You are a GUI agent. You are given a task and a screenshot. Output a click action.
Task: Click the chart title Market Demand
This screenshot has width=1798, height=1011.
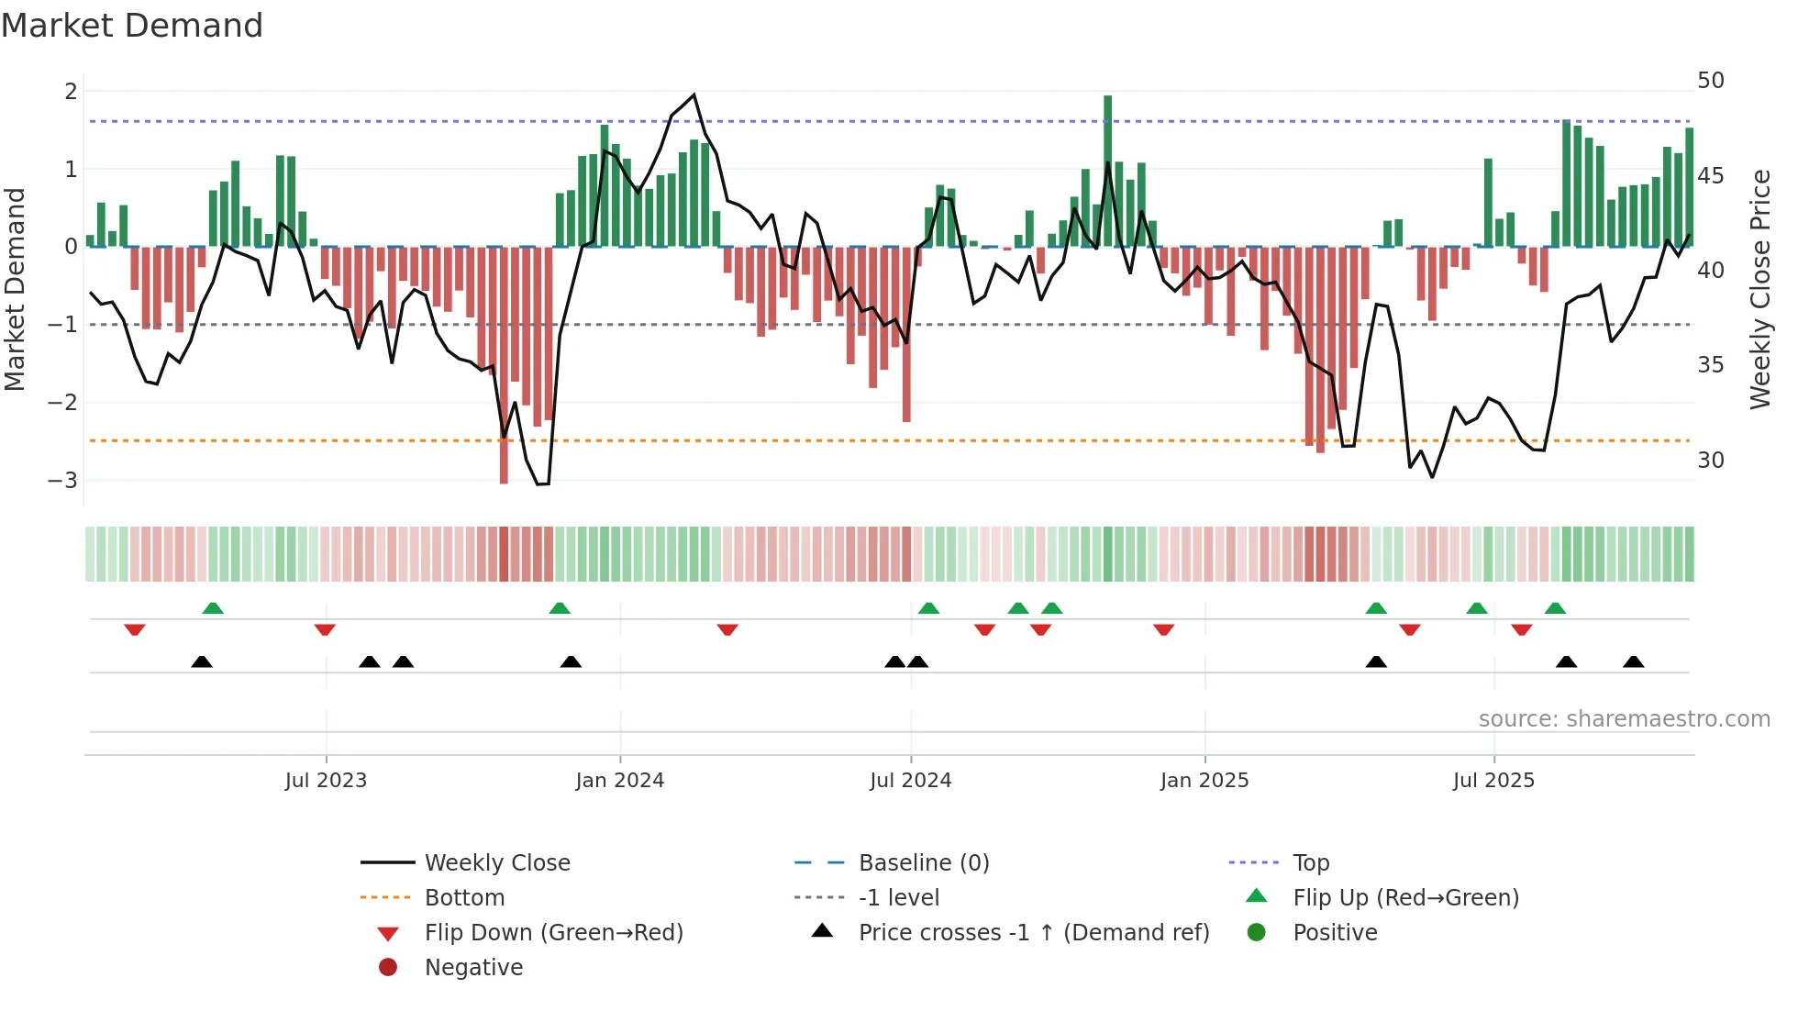[132, 26]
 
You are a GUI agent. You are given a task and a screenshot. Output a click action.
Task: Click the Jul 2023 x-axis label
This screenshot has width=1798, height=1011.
[326, 781]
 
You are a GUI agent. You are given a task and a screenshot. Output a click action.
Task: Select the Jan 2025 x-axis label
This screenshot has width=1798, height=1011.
[1204, 781]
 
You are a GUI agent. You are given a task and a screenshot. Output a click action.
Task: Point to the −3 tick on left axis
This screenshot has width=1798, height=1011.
[62, 481]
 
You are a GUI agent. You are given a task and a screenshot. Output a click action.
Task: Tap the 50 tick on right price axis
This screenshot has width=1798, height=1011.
[1710, 81]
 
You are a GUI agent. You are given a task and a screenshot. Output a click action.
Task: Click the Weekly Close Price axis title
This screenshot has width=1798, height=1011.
[1759, 289]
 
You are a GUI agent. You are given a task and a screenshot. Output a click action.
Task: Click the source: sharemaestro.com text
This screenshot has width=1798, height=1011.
[1624, 719]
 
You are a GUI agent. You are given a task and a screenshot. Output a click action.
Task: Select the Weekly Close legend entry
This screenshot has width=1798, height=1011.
[496, 863]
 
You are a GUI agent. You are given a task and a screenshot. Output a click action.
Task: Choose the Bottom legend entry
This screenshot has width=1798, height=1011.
[464, 898]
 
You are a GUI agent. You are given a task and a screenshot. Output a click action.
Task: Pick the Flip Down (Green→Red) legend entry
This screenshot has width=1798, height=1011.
[553, 933]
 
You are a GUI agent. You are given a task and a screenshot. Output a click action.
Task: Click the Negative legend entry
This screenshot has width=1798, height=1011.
[473, 968]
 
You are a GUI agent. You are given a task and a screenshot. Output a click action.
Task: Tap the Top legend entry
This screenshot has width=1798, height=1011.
[1310, 863]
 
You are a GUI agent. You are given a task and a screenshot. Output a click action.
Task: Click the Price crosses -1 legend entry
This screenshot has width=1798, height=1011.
[1033, 933]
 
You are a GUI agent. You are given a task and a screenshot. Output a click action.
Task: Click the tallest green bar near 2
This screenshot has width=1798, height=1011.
[1107, 170]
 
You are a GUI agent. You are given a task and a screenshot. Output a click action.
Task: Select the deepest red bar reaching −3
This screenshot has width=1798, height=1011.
[504, 367]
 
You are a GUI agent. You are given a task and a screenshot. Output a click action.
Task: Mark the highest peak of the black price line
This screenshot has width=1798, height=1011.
[694, 95]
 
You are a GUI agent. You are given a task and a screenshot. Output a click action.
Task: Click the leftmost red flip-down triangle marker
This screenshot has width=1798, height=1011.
[135, 629]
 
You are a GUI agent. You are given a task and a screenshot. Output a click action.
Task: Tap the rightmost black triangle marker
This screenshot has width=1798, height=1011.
[1633, 661]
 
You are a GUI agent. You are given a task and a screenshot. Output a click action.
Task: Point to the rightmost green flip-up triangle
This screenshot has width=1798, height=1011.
[1555, 608]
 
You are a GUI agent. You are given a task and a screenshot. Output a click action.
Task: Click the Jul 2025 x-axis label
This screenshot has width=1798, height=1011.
[1493, 781]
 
